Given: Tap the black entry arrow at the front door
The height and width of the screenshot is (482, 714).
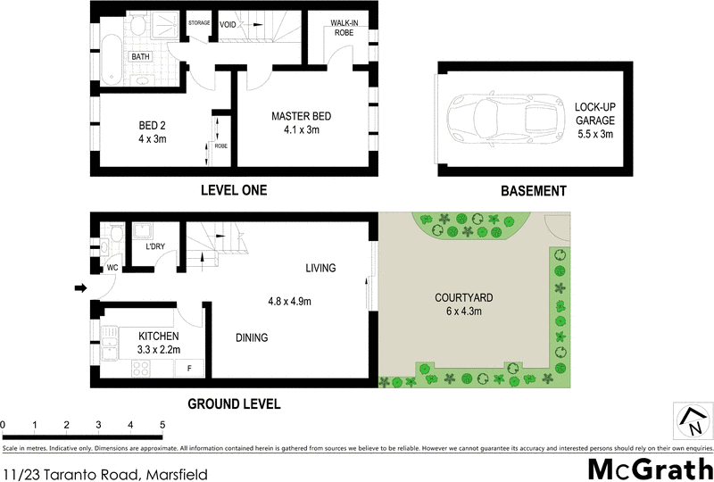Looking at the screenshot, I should (x=79, y=288).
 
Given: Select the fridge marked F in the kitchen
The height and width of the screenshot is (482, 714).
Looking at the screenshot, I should (x=189, y=368).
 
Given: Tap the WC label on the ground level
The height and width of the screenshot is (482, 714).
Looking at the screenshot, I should (x=113, y=267).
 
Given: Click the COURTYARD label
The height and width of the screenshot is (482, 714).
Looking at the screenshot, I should (x=464, y=297).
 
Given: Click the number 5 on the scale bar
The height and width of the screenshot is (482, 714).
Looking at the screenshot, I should (x=162, y=424).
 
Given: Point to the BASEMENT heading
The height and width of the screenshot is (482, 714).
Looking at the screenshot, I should (x=533, y=190).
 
